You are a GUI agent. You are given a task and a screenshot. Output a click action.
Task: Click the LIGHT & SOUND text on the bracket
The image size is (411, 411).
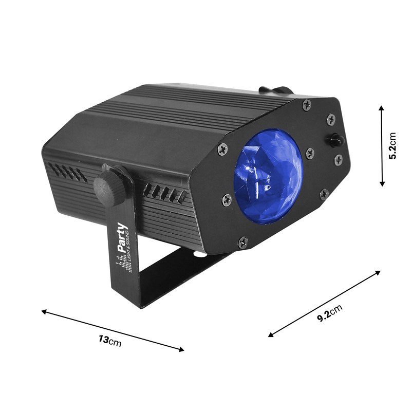[x=128, y=245]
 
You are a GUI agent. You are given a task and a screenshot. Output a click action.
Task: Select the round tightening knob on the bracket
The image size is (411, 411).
[x=110, y=186]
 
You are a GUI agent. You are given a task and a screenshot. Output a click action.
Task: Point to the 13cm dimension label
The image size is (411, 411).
[x=110, y=340]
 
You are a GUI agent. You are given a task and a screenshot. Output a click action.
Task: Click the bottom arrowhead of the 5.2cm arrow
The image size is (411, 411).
[x=382, y=183]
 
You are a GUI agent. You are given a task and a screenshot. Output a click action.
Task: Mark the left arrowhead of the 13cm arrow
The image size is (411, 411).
[x=44, y=311]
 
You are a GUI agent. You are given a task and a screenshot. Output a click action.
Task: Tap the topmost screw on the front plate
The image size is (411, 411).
[x=307, y=105]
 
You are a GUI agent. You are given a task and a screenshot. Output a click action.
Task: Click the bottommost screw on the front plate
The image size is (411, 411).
[x=242, y=241]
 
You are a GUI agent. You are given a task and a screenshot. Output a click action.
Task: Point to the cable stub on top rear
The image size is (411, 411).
[x=275, y=90]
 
